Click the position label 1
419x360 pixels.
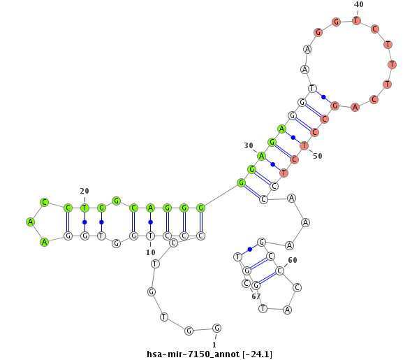click(214, 344)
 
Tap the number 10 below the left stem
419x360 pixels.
click(150, 252)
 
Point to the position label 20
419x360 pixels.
click(84, 191)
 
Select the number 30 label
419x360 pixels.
click(249, 145)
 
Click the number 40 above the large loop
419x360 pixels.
click(358, 4)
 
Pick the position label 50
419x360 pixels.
click(317, 155)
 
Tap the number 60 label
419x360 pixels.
click(293, 260)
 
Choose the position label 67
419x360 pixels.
click(256, 296)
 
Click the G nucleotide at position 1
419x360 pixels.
click(217, 328)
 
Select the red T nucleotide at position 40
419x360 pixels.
click(356, 20)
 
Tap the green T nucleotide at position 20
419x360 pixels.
click(84, 208)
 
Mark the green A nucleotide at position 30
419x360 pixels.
click(262, 156)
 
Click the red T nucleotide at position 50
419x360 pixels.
click(304, 145)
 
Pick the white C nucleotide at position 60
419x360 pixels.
click(279, 271)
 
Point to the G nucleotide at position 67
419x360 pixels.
click(256, 285)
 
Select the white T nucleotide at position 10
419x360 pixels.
click(150, 236)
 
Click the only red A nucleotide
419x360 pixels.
click(355, 107)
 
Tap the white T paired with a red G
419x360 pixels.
click(313, 89)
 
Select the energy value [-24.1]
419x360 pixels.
click(258, 354)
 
